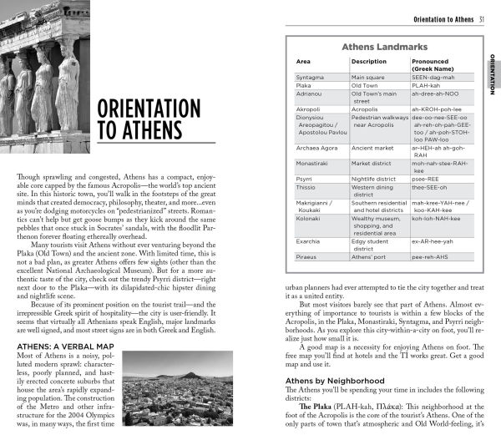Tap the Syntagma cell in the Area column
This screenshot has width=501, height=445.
311,76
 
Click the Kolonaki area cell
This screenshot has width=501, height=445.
311,218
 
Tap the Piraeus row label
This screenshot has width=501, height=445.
308,258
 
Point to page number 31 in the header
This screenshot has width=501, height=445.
483,19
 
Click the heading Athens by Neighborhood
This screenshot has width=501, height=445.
335,381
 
